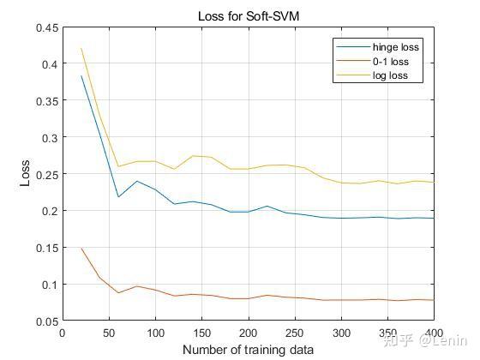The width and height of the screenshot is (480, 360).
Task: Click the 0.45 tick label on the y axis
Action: [x=47, y=27]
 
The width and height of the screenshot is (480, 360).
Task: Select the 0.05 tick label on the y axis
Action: [x=47, y=321]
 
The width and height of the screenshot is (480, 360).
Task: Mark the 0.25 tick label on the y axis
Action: [x=47, y=174]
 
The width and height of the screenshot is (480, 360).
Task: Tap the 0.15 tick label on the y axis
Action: [x=47, y=248]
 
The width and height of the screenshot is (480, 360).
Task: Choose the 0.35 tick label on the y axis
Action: [x=47, y=101]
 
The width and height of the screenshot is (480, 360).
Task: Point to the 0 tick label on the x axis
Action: [x=63, y=333]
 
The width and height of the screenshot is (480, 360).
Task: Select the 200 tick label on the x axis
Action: [x=249, y=333]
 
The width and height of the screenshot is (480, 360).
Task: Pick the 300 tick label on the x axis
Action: [x=341, y=333]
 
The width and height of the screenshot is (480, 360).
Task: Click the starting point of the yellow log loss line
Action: [x=81, y=49]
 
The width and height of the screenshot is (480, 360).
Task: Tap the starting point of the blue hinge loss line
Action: [x=81, y=76]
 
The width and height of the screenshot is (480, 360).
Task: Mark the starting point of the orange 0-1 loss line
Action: [x=81, y=249]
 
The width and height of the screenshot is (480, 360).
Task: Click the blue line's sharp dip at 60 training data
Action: [x=118, y=197]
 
